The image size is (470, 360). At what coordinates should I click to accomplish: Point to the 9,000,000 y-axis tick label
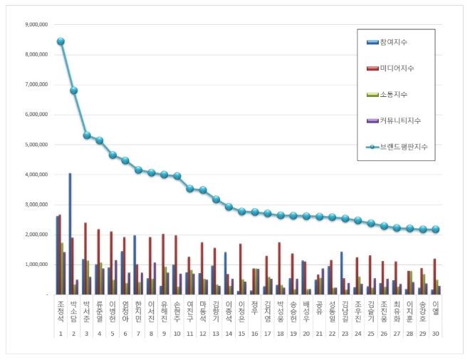pyautogui.click(x=36, y=24)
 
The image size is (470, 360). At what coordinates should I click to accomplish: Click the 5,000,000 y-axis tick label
pyautogui.click(x=36, y=145)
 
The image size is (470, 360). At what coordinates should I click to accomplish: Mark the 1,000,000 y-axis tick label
pyautogui.click(x=36, y=264)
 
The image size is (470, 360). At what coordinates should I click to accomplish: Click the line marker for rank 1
pyautogui.click(x=61, y=41)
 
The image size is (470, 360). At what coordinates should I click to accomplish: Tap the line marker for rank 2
pyautogui.click(x=73, y=91)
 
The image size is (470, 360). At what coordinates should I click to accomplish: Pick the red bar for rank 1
pyautogui.click(x=60, y=254)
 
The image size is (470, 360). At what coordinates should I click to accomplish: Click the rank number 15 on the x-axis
pyautogui.click(x=241, y=334)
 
